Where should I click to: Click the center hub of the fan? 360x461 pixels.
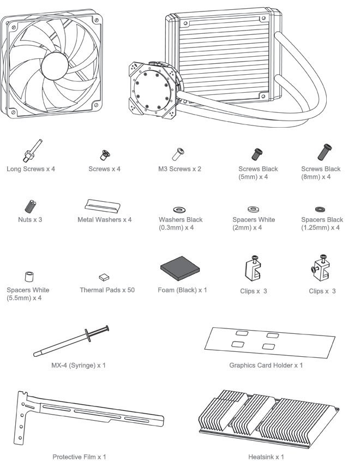tap(55, 66)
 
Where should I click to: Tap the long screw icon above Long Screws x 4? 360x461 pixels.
tap(32, 151)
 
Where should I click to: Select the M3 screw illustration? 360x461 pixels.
tap(178, 154)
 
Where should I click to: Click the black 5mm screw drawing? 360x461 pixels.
tap(257, 154)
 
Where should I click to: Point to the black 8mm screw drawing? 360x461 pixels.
tap(325, 152)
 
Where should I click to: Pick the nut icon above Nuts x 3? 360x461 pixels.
tap(30, 206)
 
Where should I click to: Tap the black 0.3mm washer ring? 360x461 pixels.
tap(179, 210)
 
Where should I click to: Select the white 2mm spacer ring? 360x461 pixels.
tap(253, 209)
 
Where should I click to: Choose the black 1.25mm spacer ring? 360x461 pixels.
tap(320, 209)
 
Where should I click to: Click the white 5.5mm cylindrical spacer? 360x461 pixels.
tap(29, 277)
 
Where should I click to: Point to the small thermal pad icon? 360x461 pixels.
tap(104, 277)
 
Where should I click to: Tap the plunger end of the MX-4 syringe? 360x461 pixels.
tap(107, 328)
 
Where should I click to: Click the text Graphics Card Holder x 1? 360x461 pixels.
tap(266, 365)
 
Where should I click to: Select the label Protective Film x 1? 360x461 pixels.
tap(79, 457)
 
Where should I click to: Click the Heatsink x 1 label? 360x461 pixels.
tap(266, 457)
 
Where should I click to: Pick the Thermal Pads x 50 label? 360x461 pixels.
tap(107, 290)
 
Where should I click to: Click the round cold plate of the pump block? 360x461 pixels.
tap(152, 90)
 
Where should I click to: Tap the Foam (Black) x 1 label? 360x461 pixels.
tap(182, 290)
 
